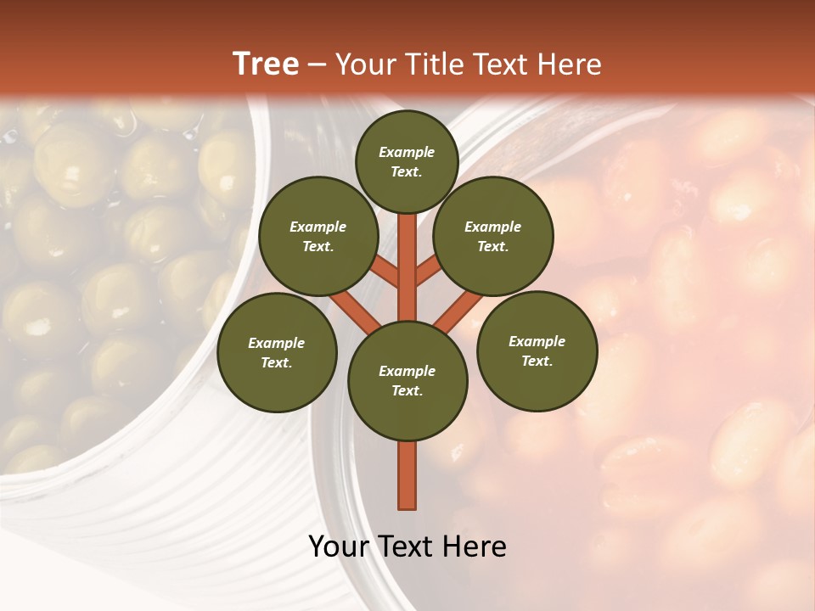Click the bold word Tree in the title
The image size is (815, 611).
pos(266,64)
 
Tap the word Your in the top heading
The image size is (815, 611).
pos(363,64)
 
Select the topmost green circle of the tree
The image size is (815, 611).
pos(407,161)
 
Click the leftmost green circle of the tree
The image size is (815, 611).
pos(277,352)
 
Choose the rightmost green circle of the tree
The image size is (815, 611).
pos(537,350)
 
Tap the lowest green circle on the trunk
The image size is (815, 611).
pos(407,380)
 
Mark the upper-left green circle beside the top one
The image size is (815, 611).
pos(318,236)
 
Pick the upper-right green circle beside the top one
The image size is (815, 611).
pos(493,236)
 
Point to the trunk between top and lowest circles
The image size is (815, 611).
pos(407,267)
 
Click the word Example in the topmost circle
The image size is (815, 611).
pos(407,152)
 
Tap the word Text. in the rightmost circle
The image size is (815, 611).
pos(537,361)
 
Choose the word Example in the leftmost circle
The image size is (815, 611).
pos(277,343)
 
